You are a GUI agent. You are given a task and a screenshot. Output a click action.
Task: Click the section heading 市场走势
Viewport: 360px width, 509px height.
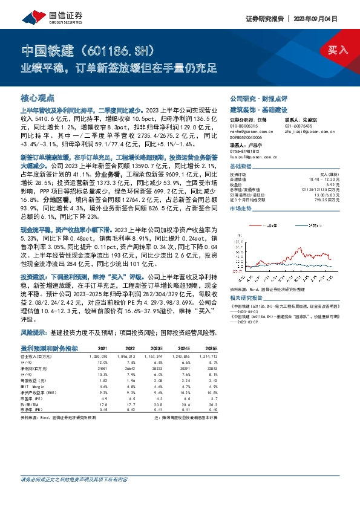coord(241,209)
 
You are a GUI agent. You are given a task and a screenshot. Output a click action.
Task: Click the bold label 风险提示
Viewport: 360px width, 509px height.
coord(33,332)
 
